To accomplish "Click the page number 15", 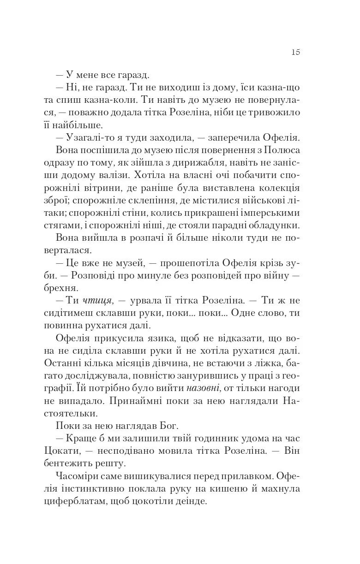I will click(296, 52).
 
